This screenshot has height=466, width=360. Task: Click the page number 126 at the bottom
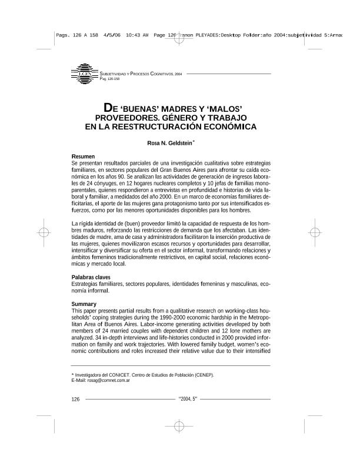point(75,400)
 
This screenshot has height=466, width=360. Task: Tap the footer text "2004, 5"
point(188,400)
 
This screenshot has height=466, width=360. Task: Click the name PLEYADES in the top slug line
point(204,35)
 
